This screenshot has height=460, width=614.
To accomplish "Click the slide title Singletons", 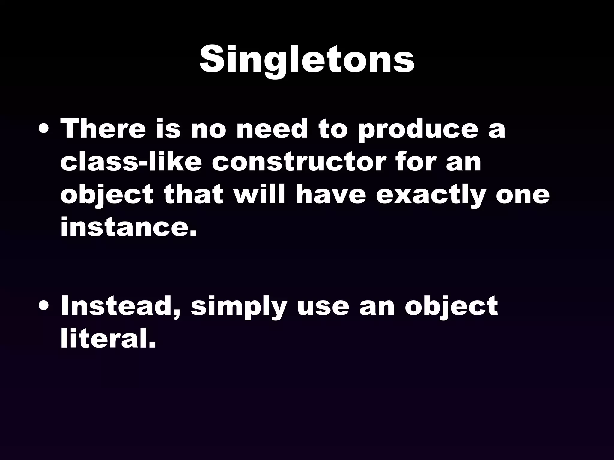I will (307, 60).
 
